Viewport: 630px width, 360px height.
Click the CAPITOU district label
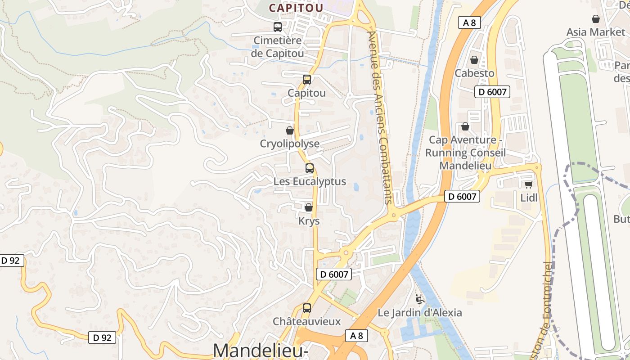(x=296, y=8)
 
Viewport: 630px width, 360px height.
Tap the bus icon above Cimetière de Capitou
(x=278, y=27)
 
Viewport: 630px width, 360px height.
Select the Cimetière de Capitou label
(x=278, y=47)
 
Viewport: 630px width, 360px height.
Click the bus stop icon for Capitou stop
(x=306, y=80)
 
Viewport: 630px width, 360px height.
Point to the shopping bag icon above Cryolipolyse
(x=290, y=130)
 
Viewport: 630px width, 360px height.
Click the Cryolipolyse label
(x=290, y=144)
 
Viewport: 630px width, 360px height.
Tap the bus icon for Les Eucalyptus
(x=310, y=168)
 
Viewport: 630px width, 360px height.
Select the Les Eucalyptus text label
(x=310, y=182)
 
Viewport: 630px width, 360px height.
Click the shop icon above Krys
(x=309, y=207)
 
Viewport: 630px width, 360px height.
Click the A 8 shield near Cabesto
(x=469, y=22)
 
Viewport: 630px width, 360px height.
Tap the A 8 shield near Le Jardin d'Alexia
(x=356, y=335)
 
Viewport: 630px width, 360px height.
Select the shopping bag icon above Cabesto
(x=474, y=60)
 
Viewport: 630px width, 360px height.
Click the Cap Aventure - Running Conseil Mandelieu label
(x=465, y=153)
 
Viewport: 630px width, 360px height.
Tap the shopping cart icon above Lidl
(x=529, y=184)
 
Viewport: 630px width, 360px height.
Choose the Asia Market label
(x=595, y=32)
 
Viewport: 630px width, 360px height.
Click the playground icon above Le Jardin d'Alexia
(x=419, y=298)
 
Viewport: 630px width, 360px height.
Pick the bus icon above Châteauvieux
(x=307, y=308)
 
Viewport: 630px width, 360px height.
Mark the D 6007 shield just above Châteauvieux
(x=333, y=274)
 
